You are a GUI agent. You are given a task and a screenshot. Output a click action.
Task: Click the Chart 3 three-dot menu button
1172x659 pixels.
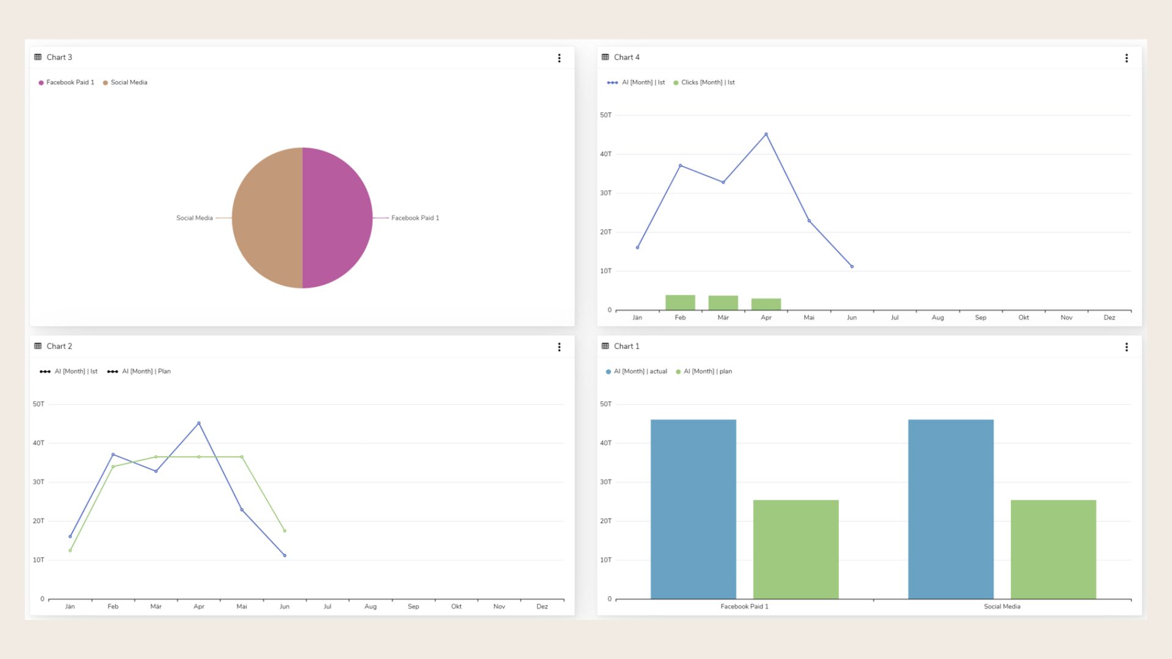pos(559,58)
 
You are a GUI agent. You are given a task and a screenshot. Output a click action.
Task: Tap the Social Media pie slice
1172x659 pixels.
pos(267,218)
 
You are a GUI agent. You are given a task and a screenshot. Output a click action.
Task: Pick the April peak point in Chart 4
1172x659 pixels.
pos(766,134)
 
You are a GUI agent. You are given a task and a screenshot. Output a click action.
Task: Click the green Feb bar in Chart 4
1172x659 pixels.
pos(680,302)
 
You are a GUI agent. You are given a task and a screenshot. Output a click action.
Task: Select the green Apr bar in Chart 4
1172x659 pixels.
pos(766,304)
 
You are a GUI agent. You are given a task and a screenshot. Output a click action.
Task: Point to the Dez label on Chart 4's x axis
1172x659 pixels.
pos(1109,317)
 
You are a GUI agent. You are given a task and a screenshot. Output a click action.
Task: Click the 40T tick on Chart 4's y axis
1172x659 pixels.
pos(606,154)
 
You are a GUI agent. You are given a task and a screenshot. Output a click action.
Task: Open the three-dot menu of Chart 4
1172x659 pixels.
pos(1126,58)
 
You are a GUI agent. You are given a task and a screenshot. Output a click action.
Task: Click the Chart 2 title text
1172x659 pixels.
pos(59,346)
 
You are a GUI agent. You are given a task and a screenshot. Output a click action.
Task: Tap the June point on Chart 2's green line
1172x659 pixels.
pos(284,531)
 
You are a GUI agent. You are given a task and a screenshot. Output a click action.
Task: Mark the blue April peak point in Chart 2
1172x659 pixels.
pos(198,423)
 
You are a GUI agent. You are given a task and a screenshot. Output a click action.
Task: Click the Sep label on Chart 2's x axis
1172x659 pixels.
pos(413,607)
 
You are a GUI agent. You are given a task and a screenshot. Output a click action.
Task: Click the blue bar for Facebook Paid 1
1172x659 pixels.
pos(693,509)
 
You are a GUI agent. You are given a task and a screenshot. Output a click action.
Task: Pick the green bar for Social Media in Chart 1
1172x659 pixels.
pos(1053,549)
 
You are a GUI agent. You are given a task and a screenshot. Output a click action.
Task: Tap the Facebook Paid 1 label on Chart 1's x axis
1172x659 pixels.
pos(744,607)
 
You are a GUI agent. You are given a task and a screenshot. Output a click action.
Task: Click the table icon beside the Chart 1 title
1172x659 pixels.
pos(605,346)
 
